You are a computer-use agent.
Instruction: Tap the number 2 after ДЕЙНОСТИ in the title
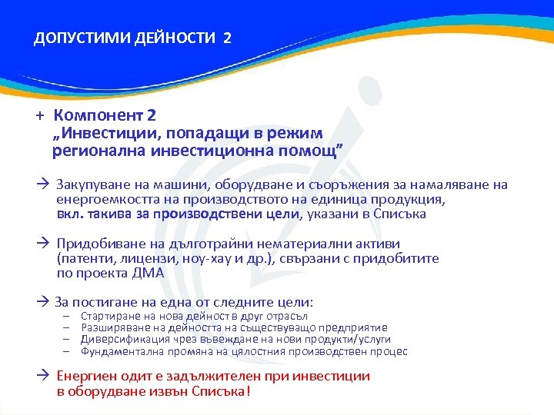coord(225,38)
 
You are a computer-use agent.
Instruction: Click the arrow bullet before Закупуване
coord(44,184)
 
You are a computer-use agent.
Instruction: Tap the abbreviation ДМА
coord(146,273)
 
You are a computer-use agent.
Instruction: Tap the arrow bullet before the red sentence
coord(44,376)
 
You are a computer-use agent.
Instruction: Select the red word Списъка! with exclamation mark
coord(224,390)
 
